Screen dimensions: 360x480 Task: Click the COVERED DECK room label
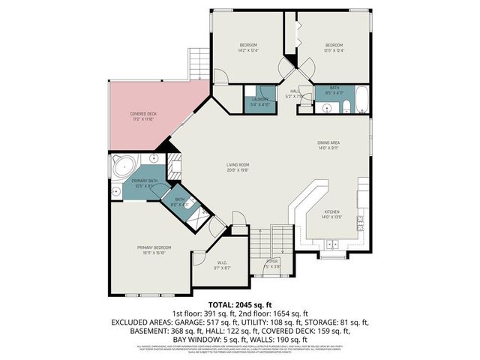[142, 114]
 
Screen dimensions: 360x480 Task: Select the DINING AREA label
[329, 144]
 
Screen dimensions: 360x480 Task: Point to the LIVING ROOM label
[238, 164]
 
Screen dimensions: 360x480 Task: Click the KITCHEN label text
[331, 212]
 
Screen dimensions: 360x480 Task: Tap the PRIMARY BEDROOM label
[154, 247]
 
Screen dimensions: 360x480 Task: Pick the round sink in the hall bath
[327, 108]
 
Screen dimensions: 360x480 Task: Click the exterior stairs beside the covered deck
[199, 63]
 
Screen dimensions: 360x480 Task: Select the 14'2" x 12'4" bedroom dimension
[248, 50]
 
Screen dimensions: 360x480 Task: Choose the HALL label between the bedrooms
[293, 92]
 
